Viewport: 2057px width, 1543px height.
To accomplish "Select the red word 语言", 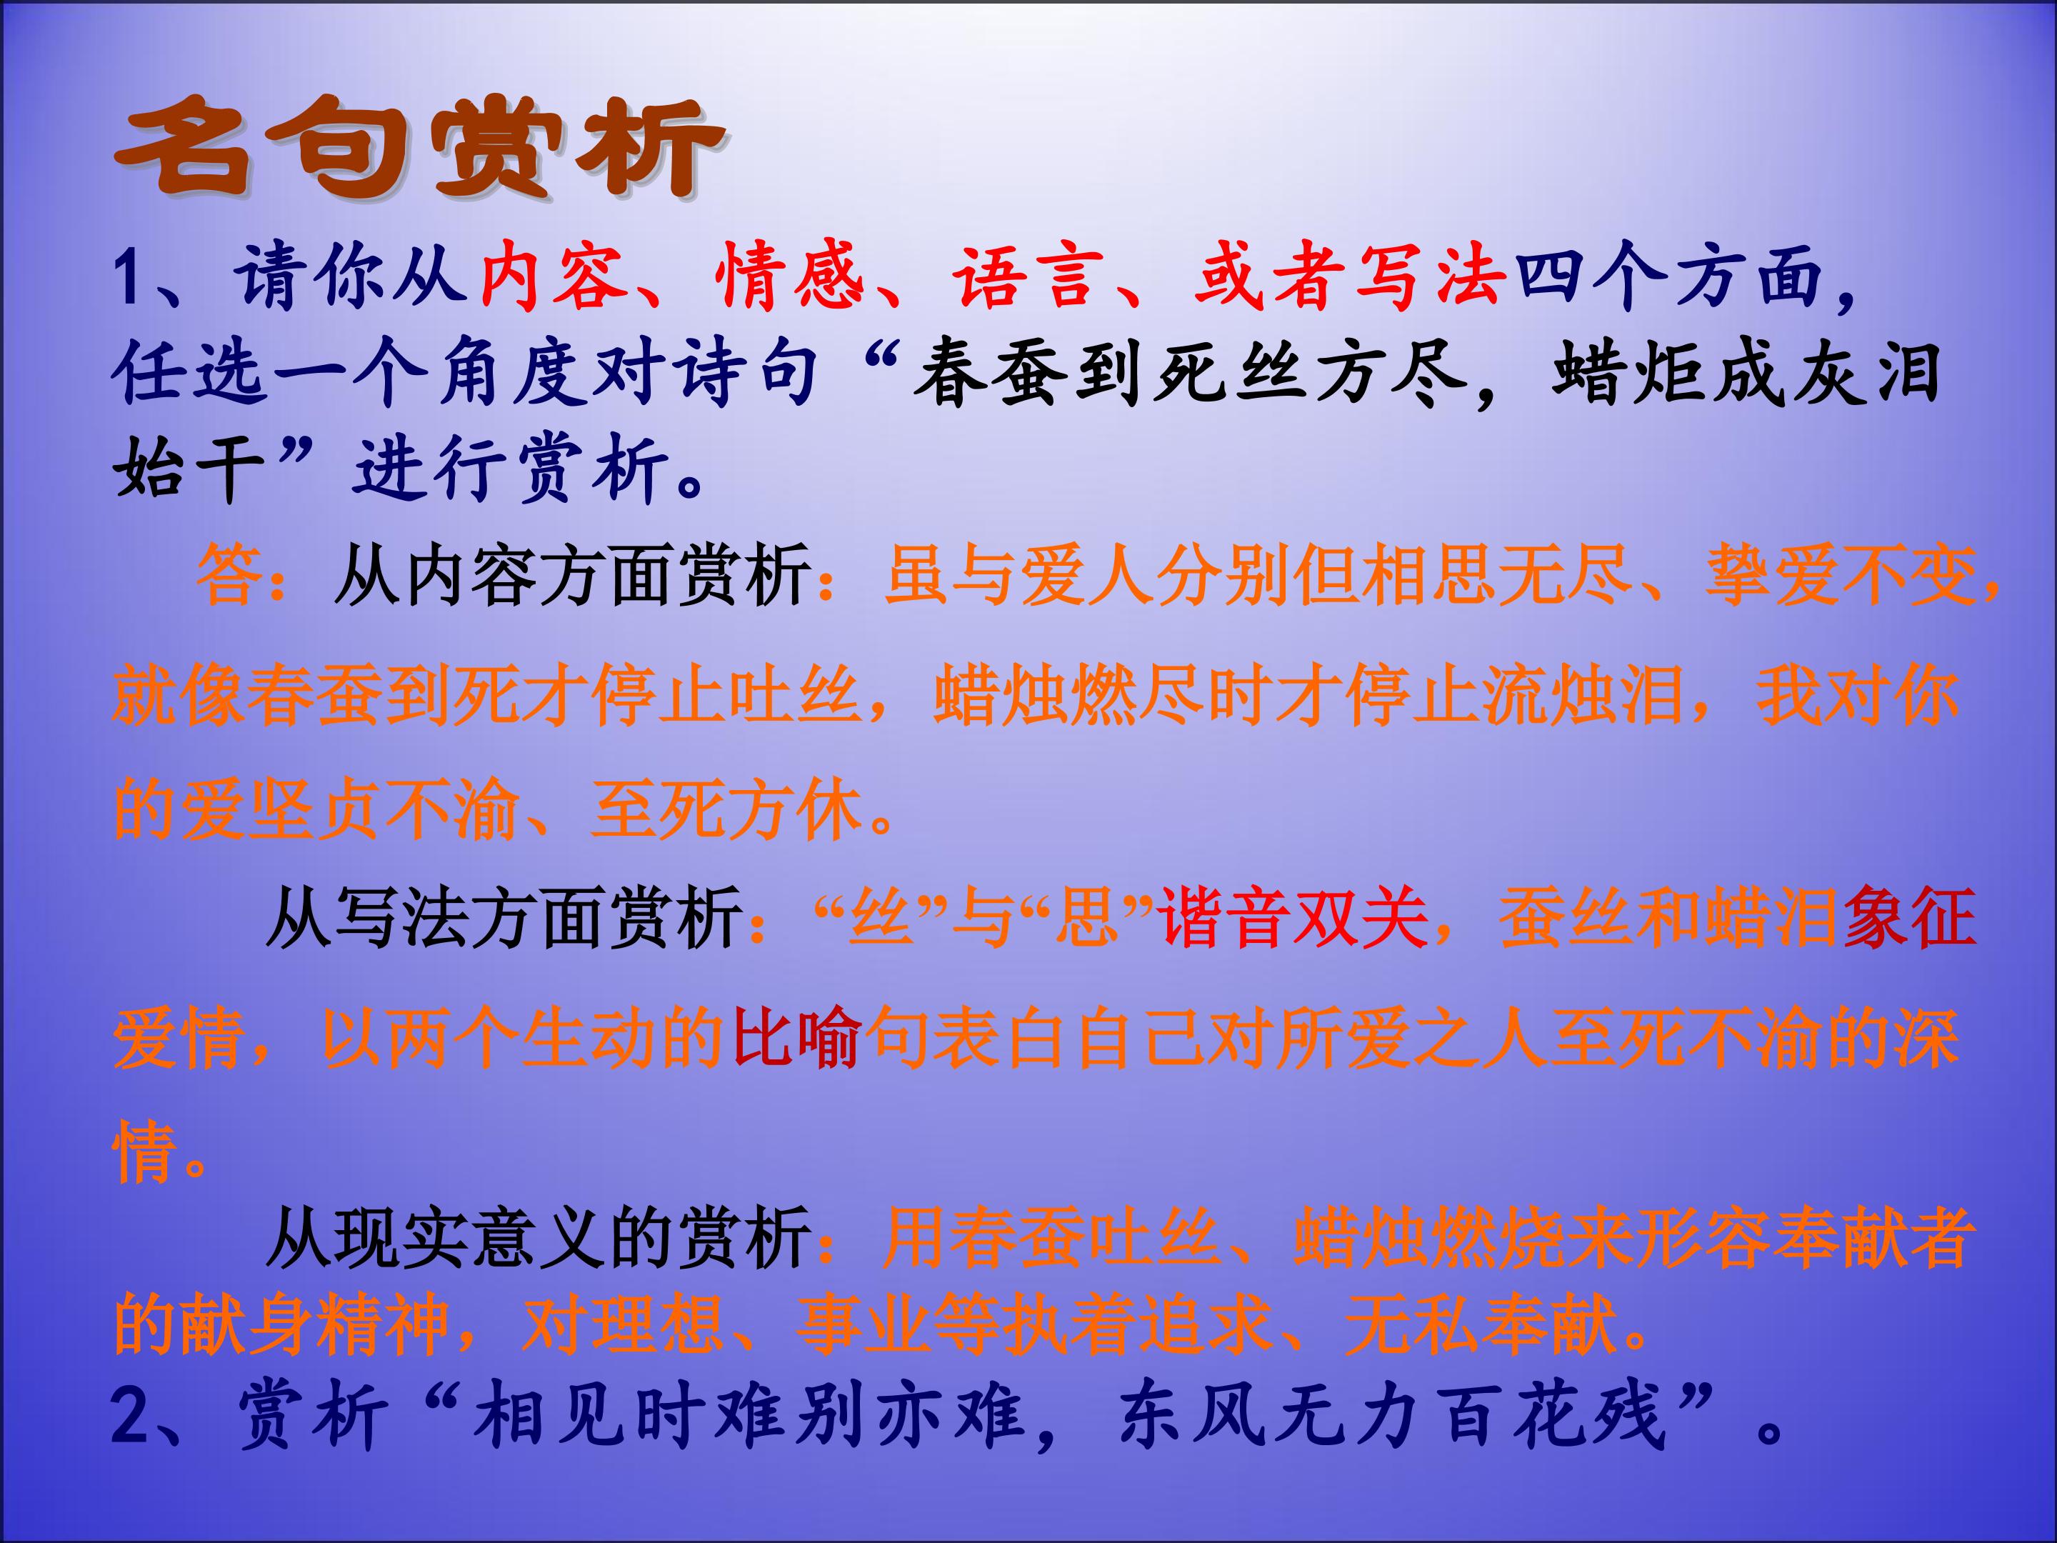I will [1026, 277].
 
